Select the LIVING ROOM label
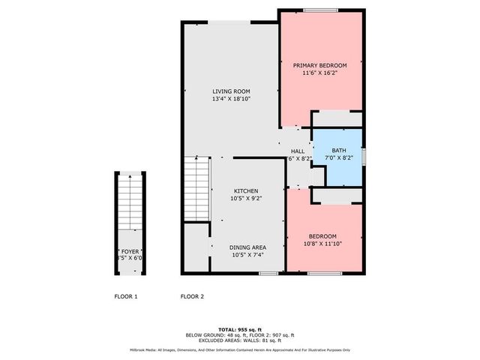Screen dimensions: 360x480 pyautogui.click(x=230, y=91)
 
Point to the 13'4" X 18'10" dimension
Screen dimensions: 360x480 pyautogui.click(x=230, y=98)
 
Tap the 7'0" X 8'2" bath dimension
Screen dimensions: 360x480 pyautogui.click(x=339, y=158)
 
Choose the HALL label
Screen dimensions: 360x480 pyautogui.click(x=298, y=151)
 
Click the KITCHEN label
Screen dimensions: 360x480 pyautogui.click(x=246, y=190)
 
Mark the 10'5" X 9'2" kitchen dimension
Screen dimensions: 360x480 pyautogui.click(x=246, y=198)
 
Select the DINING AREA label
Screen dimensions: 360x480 pyautogui.click(x=247, y=247)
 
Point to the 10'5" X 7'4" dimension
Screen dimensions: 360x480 pyautogui.click(x=247, y=254)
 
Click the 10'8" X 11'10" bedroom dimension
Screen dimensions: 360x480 pyautogui.click(x=323, y=244)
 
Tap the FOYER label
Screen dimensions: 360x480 pyautogui.click(x=130, y=251)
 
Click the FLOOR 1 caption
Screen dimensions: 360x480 pyautogui.click(x=126, y=296)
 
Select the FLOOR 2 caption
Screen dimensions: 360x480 pyautogui.click(x=192, y=296)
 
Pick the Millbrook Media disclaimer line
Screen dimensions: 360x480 pyautogui.click(x=239, y=349)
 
